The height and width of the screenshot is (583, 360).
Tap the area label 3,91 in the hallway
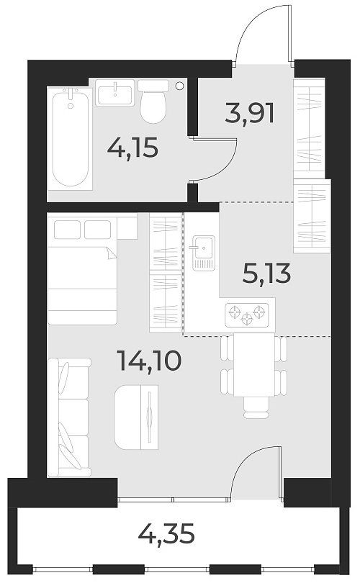(250, 113)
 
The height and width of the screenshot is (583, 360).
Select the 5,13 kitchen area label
(266, 274)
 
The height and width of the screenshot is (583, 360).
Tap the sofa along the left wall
(68, 417)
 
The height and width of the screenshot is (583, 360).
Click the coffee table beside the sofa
(136, 416)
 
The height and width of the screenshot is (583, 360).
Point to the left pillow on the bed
(68, 229)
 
